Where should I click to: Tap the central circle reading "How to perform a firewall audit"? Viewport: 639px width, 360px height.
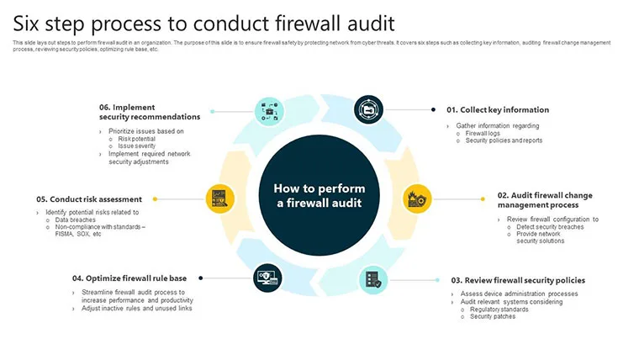[319, 195]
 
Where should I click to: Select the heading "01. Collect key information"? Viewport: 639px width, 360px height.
[498, 109]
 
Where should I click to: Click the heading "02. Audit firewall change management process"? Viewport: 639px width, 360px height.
[544, 199]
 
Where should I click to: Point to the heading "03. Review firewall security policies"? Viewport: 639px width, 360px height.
[518, 280]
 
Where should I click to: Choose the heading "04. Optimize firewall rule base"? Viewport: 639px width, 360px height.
[129, 278]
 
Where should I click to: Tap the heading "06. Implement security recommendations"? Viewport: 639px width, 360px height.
[149, 112]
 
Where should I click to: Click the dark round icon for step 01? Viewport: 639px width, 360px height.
[367, 109]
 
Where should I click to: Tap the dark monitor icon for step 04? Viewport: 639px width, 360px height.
[267, 278]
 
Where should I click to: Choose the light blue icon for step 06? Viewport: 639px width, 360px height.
[269, 110]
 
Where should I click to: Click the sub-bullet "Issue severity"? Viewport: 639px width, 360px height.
[139, 146]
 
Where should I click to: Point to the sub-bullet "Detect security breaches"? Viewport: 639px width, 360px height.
[550, 227]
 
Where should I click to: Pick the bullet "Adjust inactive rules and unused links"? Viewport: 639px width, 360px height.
[137, 308]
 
